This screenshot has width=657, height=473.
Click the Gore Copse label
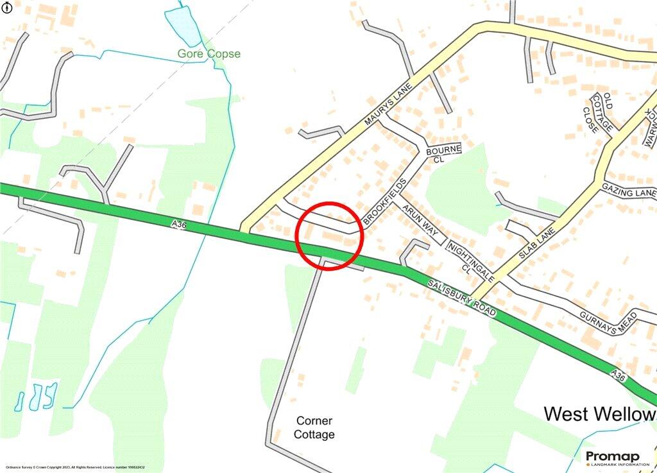[209, 54]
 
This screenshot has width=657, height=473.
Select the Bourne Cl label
[443, 154]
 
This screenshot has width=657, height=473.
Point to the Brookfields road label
[384, 200]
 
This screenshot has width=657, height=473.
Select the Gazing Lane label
[629, 191]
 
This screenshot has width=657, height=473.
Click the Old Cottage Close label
[599, 113]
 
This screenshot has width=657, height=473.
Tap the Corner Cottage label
[314, 427]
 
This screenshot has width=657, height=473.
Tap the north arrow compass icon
[7, 8]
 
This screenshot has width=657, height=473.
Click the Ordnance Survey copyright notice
[73, 467]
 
